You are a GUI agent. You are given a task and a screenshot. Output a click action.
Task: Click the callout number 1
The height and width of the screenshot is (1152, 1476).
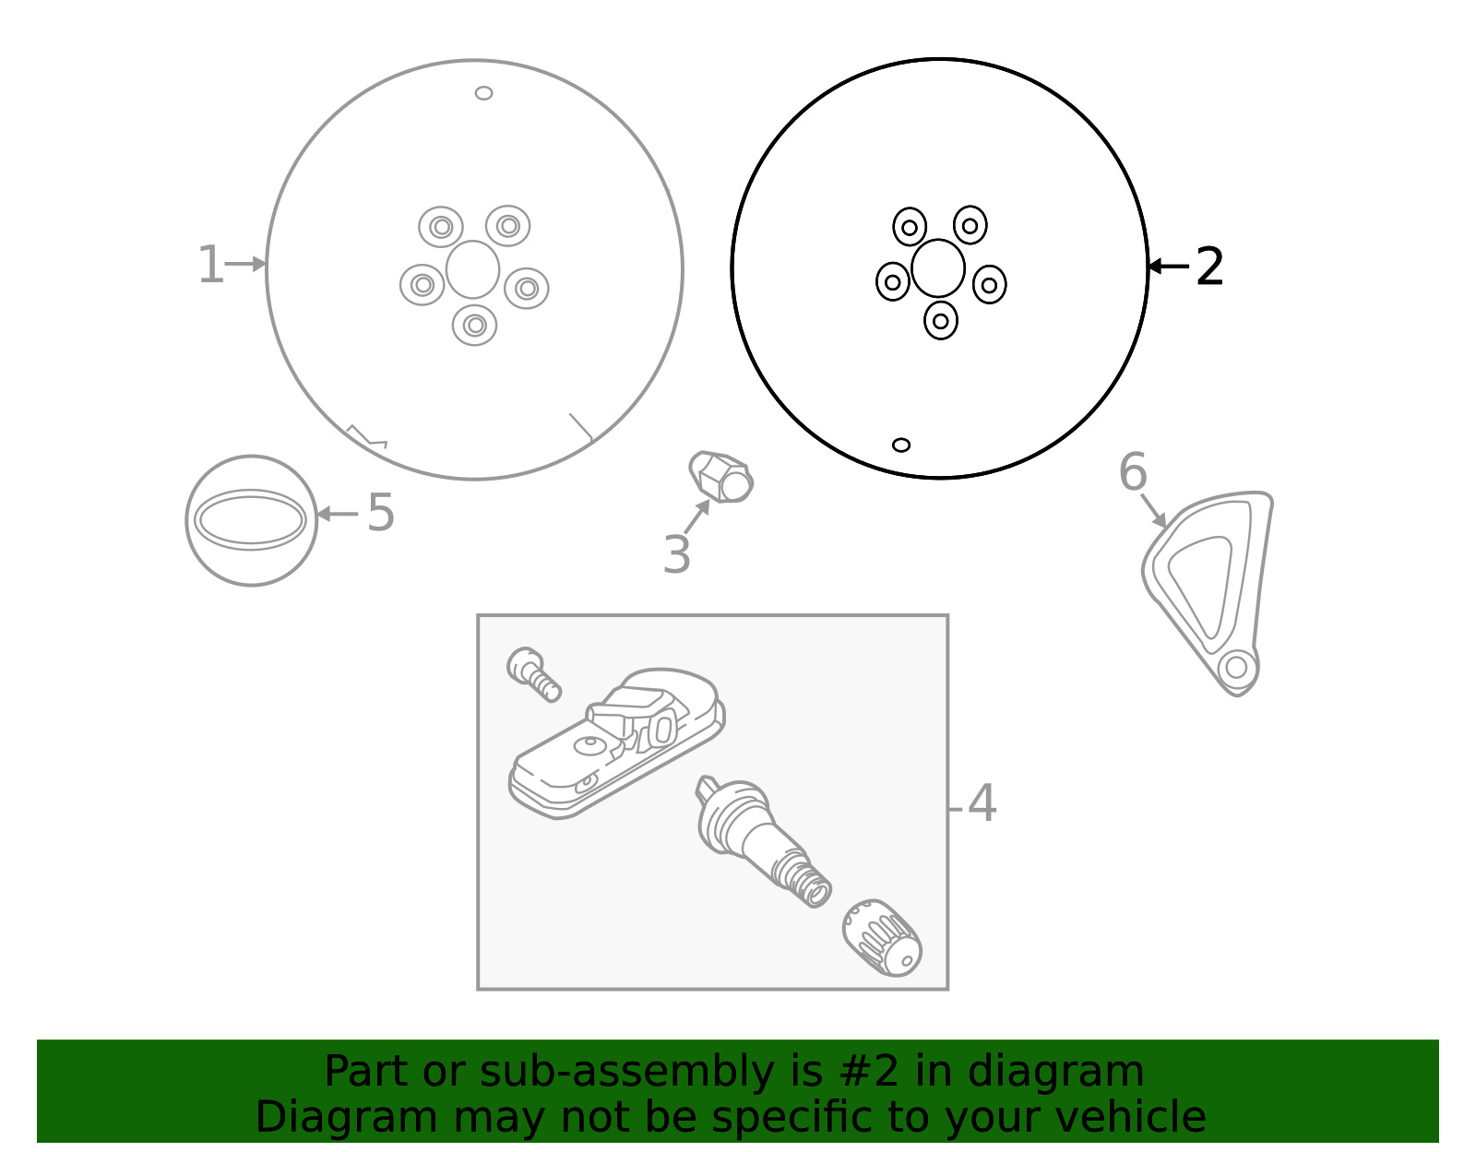pyautogui.click(x=210, y=265)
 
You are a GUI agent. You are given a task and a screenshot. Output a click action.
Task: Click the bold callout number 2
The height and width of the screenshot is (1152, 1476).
pyautogui.click(x=1209, y=267)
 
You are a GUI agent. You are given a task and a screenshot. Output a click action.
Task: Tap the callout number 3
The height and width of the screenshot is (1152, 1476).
pyautogui.click(x=676, y=554)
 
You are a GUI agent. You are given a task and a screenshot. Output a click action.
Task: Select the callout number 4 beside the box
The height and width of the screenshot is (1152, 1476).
pyautogui.click(x=982, y=803)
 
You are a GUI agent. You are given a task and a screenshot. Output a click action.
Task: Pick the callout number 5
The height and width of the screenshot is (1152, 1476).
pyautogui.click(x=380, y=513)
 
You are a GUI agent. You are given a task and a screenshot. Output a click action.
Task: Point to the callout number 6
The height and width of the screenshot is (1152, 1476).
pyautogui.click(x=1133, y=472)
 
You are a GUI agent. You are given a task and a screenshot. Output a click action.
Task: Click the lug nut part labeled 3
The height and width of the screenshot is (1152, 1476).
pyautogui.click(x=720, y=477)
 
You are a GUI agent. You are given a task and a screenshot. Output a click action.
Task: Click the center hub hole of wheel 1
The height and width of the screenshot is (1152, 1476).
pyautogui.click(x=472, y=269)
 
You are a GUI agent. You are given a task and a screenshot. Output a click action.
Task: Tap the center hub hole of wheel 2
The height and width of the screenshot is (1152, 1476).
pyautogui.click(x=938, y=268)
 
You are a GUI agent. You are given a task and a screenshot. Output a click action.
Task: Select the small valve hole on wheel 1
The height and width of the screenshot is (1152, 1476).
pyautogui.click(x=483, y=93)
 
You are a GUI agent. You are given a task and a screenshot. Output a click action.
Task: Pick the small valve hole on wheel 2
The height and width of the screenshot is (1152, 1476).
pyautogui.click(x=901, y=445)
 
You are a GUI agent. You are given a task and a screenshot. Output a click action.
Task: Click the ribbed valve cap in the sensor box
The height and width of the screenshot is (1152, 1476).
pyautogui.click(x=882, y=938)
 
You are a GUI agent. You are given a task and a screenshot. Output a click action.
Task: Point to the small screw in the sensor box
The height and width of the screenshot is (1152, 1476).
pyautogui.click(x=534, y=674)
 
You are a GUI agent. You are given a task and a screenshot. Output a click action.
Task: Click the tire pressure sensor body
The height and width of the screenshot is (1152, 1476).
pyautogui.click(x=617, y=743)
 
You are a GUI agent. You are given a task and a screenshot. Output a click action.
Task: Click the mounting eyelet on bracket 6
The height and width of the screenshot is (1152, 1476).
pyautogui.click(x=1236, y=667)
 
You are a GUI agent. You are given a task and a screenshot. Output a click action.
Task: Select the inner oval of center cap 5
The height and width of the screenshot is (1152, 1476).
pyautogui.click(x=251, y=520)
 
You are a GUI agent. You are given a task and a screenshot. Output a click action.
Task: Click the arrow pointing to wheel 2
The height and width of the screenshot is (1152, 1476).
pyautogui.click(x=1168, y=267)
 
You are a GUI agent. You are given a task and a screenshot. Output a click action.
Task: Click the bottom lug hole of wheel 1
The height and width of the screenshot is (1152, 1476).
pyautogui.click(x=475, y=326)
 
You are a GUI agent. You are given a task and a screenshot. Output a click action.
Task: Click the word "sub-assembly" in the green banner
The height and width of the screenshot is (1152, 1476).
pyautogui.click(x=626, y=1072)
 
